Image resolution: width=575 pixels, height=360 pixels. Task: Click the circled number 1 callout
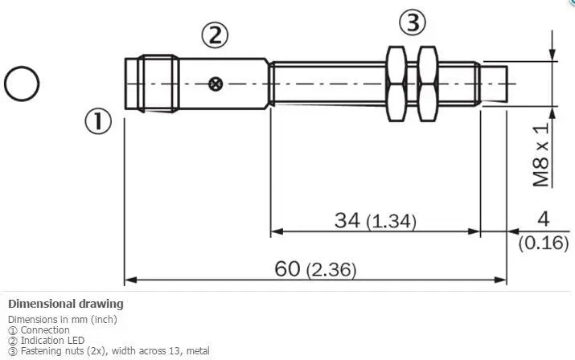coord(98,121)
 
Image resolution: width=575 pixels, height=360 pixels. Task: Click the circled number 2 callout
coord(215,35)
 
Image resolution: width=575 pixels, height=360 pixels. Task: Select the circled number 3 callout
coord(413,22)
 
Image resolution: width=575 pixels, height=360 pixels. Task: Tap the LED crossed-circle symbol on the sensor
coord(216,84)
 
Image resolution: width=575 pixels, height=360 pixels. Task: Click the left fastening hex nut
coord(396,84)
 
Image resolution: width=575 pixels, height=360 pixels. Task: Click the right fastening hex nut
coord(428,84)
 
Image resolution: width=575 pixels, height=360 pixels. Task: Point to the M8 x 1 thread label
coord(542,154)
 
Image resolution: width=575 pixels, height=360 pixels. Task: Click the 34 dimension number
coord(347,220)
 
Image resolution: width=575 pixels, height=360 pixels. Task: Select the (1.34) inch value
coord(392,222)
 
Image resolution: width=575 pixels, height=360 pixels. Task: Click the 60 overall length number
coord(287,268)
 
